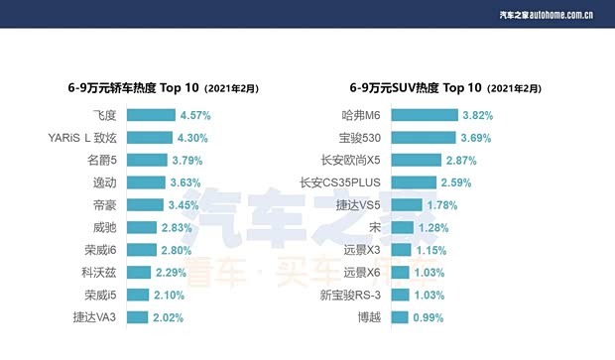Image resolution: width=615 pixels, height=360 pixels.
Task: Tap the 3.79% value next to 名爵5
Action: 188,160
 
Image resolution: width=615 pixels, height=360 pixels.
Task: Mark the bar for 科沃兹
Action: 139,273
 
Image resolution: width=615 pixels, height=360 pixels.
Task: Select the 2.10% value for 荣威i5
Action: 171,296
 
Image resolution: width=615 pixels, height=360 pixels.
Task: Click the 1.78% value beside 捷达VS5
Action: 443,205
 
